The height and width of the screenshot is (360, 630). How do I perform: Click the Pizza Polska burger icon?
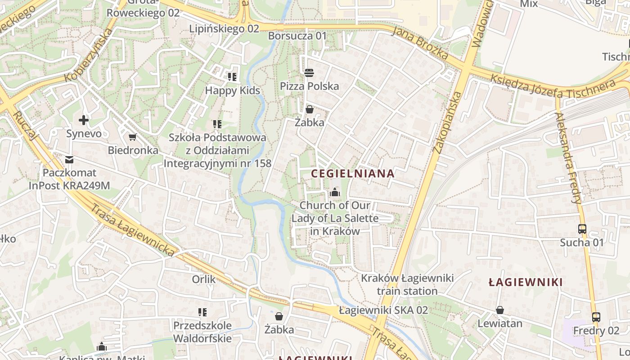pos(309,72)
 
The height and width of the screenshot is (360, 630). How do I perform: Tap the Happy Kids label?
pos(232,90)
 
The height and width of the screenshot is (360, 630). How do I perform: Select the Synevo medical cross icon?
pos(83,120)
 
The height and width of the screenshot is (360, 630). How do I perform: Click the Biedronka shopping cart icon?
pos(132,137)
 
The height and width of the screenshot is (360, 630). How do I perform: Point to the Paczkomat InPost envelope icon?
pos(69,159)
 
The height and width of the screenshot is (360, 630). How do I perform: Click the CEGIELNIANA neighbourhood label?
pos(352,173)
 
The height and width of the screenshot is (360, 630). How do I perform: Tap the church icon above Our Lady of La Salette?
pos(334,193)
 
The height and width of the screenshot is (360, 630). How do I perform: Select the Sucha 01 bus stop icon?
pos(582,229)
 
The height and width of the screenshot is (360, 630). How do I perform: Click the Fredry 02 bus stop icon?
pos(596,317)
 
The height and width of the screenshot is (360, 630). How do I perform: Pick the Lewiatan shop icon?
pos(499,310)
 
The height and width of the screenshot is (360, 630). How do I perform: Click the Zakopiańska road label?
pos(447,122)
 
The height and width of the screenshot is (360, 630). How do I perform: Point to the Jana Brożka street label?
pos(420,43)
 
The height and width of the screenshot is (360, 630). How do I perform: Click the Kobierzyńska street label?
pos(88,56)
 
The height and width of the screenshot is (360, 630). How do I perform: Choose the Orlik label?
pos(204,279)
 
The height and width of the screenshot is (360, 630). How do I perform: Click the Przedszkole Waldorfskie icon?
pos(202,312)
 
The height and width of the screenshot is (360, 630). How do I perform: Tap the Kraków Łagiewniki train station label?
pos(407,284)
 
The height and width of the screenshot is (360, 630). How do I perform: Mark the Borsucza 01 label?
pos(297,36)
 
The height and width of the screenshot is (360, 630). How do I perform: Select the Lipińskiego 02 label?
pos(224,29)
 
